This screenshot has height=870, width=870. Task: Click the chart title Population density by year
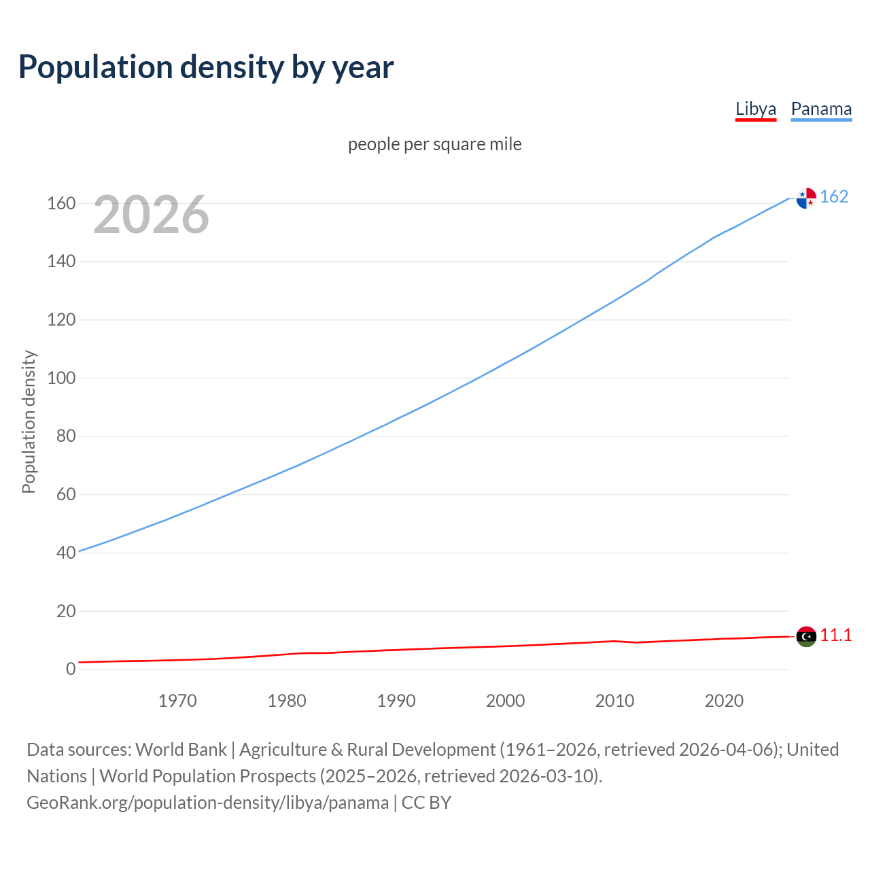(x=206, y=67)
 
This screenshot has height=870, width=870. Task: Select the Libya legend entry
(x=755, y=109)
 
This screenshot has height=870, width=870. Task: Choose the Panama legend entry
(x=821, y=109)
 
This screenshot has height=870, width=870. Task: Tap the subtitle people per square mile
(x=434, y=144)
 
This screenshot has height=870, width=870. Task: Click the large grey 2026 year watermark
(x=151, y=215)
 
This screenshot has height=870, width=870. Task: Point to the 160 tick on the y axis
(x=61, y=203)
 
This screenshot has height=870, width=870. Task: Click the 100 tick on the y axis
(x=61, y=378)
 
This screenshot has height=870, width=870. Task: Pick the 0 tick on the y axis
(x=71, y=669)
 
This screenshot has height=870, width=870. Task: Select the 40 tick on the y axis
(x=66, y=553)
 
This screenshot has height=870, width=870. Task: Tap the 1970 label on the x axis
(x=177, y=701)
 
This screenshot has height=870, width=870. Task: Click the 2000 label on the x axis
(x=505, y=701)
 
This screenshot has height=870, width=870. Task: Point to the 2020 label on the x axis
(x=724, y=701)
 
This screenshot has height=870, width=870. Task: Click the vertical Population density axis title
(x=29, y=421)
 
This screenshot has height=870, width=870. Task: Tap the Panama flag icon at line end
(x=806, y=198)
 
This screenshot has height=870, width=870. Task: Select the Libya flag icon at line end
(x=806, y=636)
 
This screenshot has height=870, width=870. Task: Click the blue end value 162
(x=834, y=196)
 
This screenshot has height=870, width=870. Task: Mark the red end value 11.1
(x=835, y=635)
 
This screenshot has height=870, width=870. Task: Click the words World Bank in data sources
(x=181, y=749)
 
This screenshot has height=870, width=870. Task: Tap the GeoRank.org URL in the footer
(x=207, y=802)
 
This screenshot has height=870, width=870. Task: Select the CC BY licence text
(x=426, y=802)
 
